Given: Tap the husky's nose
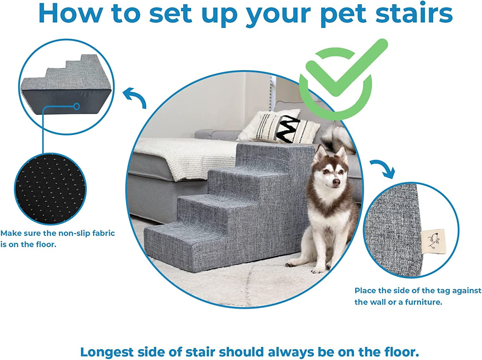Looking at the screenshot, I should [x=336, y=183].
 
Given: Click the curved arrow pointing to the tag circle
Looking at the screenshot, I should [x=384, y=168].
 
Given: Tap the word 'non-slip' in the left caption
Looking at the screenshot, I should [x=75, y=233].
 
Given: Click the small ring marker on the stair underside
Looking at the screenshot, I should [x=76, y=106].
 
